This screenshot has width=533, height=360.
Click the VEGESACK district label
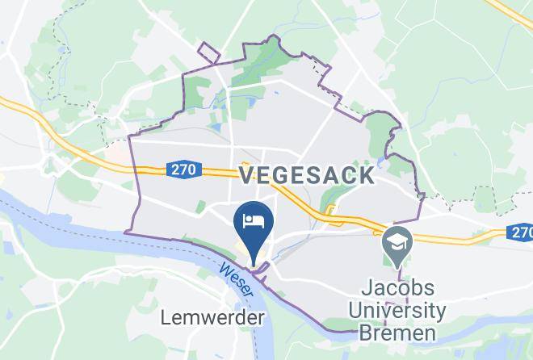(x=306, y=175)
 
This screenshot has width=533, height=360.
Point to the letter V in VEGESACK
(x=246, y=175)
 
